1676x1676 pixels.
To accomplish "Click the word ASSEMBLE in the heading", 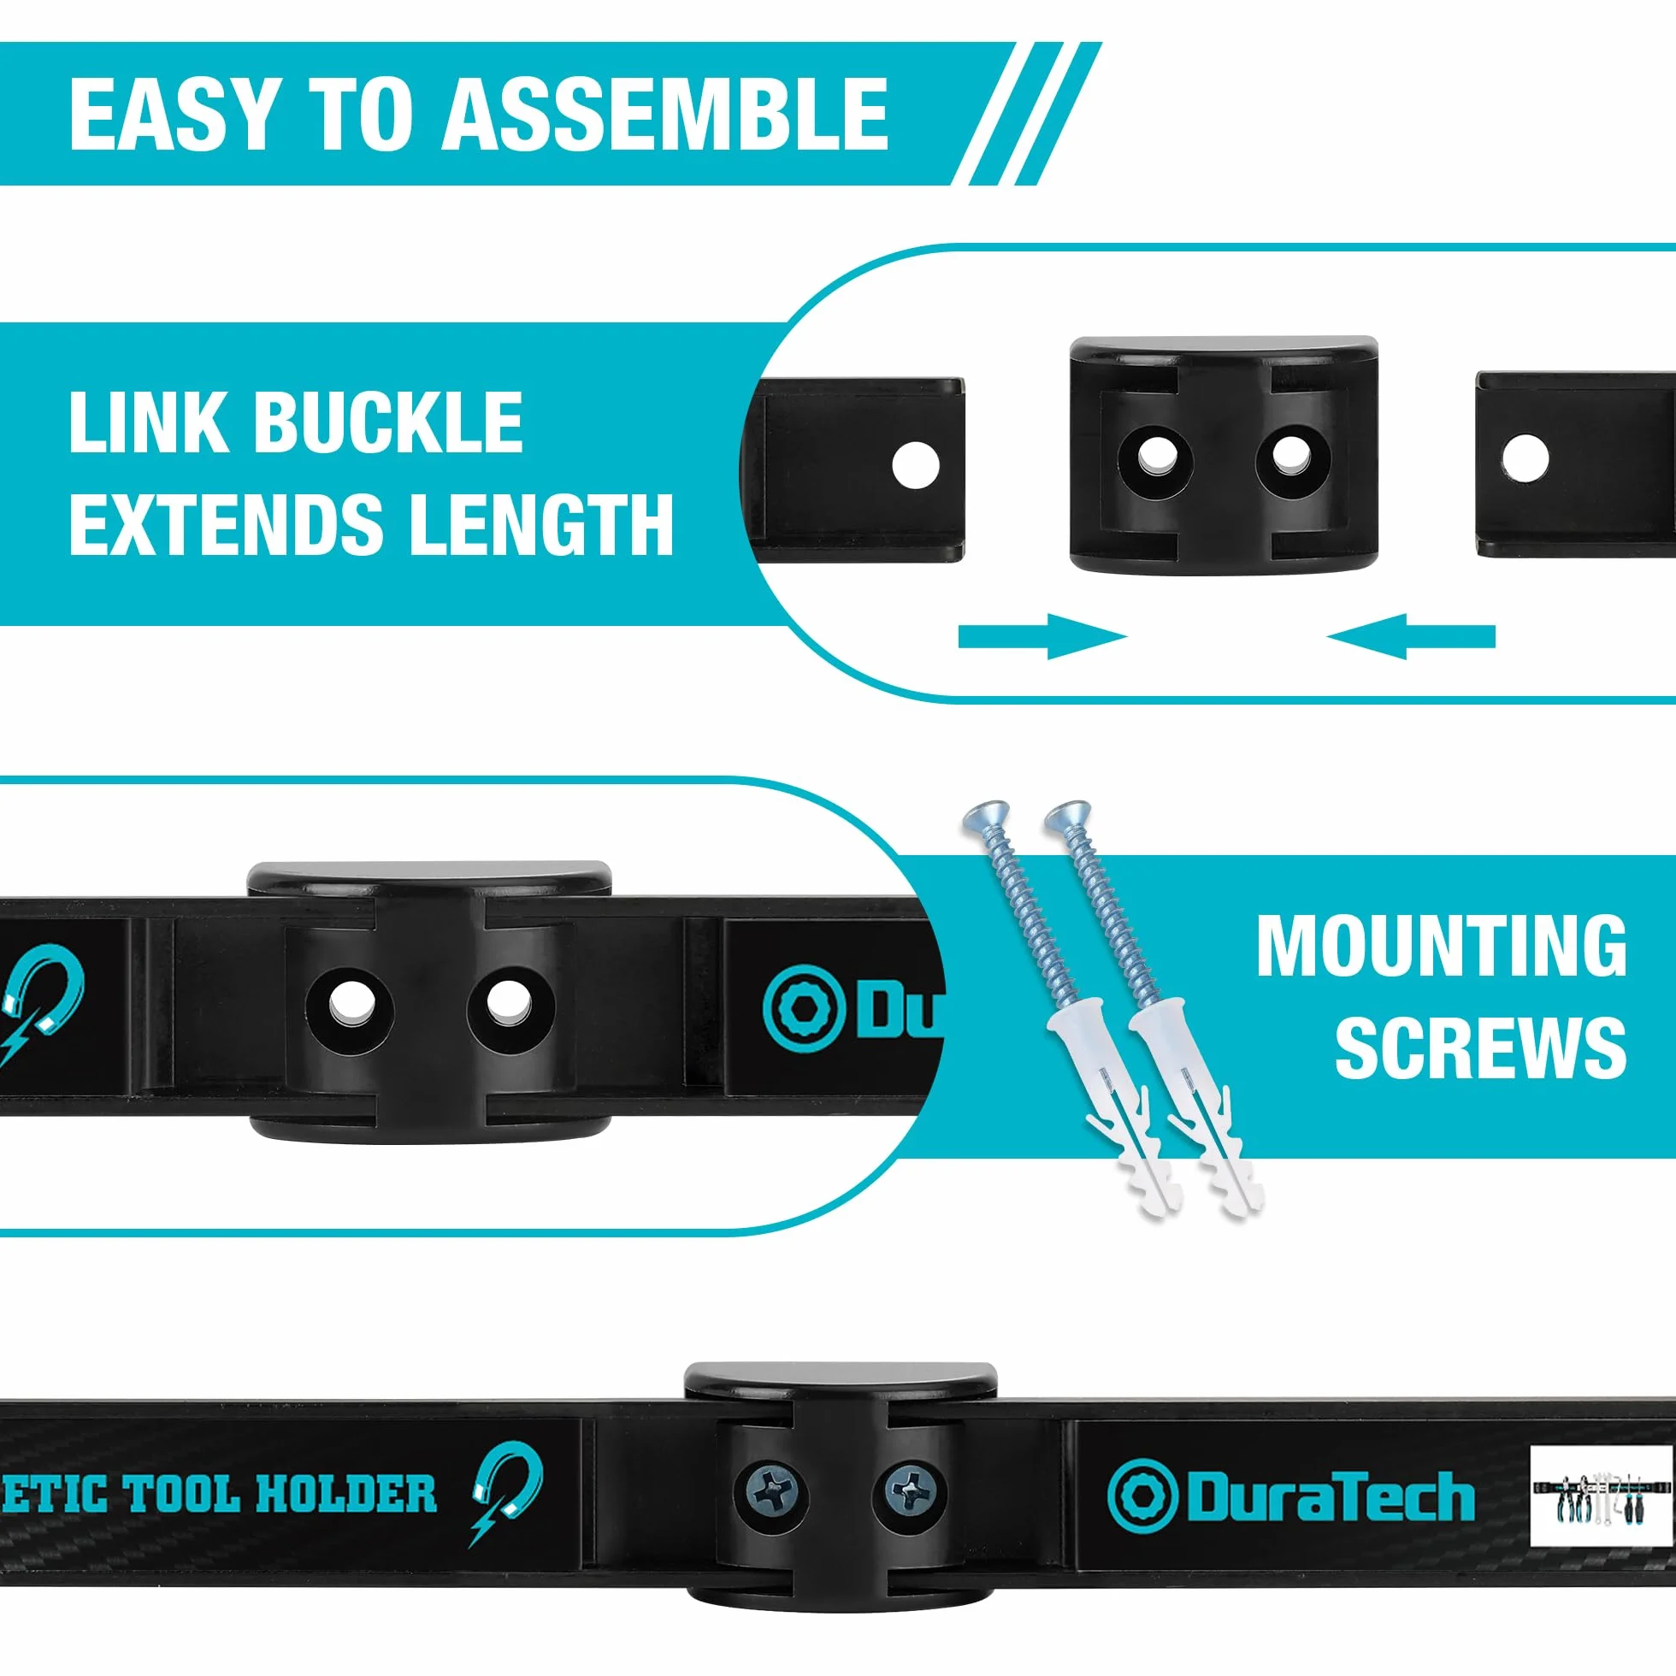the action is [x=665, y=114].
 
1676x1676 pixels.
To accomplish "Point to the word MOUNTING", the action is [x=1442, y=947].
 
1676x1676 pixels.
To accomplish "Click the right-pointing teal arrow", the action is [x=1042, y=637].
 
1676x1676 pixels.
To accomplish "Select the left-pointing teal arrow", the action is [x=1412, y=637].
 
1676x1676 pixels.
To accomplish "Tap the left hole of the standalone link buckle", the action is [x=1154, y=457].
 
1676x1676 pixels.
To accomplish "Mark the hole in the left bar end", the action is [x=915, y=465].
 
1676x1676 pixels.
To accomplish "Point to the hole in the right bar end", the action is [x=1525, y=457].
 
